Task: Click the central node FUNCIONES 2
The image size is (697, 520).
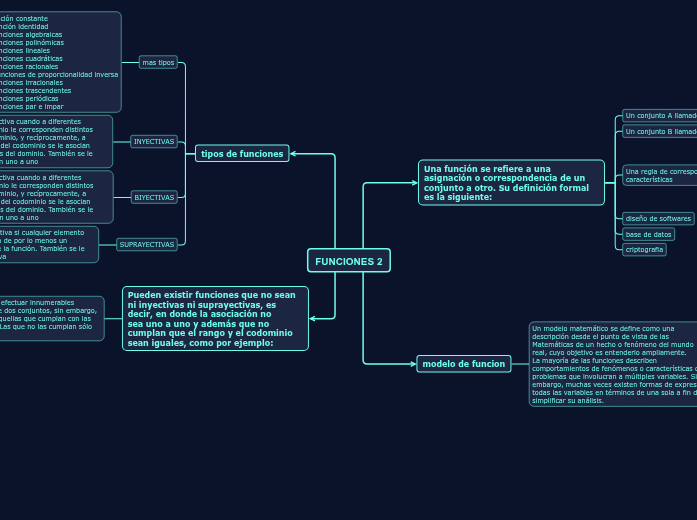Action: pos(348,261)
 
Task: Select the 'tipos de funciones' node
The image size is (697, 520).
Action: pos(242,153)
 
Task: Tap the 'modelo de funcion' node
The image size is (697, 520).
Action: pos(463,363)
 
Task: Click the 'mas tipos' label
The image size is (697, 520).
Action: pos(158,62)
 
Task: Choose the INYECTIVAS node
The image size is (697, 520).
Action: pos(154,141)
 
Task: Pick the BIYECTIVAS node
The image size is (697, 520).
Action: pos(154,197)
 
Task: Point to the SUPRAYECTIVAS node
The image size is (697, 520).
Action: pos(146,244)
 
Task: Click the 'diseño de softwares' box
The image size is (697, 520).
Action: pos(658,218)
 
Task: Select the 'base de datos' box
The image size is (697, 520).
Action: pos(648,234)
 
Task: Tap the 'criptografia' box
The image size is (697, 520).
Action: pos(644,250)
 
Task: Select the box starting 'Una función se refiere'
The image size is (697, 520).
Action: pos(511,182)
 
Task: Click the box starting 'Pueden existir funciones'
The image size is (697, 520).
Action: pos(215,319)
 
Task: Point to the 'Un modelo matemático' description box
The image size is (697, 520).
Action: pos(612,364)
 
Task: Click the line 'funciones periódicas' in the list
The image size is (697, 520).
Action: pos(30,99)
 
